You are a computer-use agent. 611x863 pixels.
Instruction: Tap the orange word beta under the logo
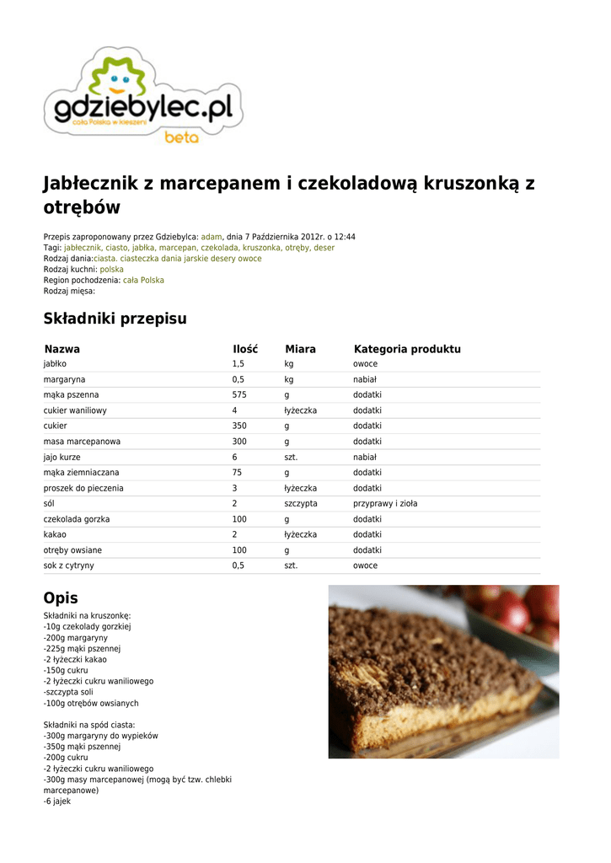(x=181, y=137)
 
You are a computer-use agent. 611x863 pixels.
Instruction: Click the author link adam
(x=211, y=237)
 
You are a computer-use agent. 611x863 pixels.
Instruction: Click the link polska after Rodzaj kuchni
(x=111, y=270)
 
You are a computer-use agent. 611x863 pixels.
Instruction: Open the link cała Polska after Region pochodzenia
(x=143, y=280)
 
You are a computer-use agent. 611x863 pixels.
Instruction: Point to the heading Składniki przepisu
(x=115, y=319)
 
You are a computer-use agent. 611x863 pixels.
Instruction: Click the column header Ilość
(x=245, y=349)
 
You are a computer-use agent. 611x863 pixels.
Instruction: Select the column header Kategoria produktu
(x=407, y=349)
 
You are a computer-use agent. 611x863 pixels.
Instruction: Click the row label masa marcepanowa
(x=82, y=442)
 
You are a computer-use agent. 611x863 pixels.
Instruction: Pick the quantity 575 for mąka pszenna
(x=239, y=394)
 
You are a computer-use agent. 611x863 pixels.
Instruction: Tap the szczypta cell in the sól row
(x=301, y=503)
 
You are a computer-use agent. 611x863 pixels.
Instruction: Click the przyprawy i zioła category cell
(x=385, y=503)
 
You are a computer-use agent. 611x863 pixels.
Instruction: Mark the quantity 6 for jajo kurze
(x=234, y=457)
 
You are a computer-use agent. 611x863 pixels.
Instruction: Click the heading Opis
(x=61, y=598)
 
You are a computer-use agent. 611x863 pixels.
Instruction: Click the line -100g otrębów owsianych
(x=91, y=703)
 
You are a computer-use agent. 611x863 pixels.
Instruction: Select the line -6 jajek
(x=57, y=801)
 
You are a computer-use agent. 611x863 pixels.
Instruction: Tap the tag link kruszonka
(x=261, y=248)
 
